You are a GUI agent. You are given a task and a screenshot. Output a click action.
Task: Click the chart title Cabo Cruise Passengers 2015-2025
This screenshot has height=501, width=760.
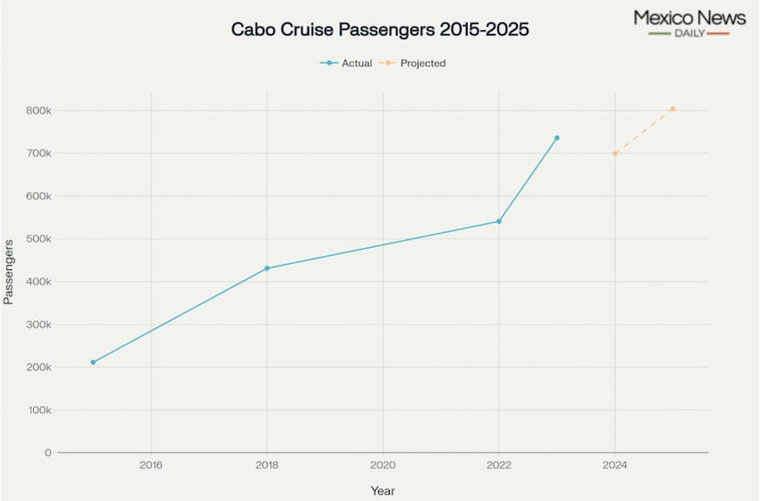click(x=380, y=30)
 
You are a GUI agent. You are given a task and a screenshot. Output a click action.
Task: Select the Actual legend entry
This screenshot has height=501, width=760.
click(x=347, y=64)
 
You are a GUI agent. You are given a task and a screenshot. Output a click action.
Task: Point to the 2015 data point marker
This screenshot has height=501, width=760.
click(x=93, y=362)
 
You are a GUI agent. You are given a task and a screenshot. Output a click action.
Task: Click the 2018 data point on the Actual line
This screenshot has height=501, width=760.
click(x=266, y=268)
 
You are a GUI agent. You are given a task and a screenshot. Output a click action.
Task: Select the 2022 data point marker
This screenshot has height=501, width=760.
click(x=499, y=221)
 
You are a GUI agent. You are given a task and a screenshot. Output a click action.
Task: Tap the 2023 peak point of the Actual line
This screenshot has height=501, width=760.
click(x=556, y=138)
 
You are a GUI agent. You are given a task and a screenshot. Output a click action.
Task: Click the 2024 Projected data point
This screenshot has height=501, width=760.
click(x=615, y=154)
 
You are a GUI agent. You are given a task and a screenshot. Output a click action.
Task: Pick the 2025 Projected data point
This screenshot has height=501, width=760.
click(x=672, y=109)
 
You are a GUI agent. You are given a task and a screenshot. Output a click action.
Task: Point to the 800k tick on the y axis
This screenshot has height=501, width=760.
click(x=38, y=111)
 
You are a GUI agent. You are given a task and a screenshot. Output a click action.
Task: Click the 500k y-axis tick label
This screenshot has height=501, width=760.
click(x=38, y=239)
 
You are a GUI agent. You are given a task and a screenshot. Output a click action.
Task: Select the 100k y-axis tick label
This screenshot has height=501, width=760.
click(x=38, y=411)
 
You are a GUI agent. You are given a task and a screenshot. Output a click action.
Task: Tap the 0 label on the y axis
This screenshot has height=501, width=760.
click(x=48, y=453)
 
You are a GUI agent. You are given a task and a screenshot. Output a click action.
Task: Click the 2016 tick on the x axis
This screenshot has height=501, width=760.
click(x=151, y=465)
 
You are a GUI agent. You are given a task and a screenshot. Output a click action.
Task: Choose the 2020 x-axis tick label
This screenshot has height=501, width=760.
click(x=383, y=465)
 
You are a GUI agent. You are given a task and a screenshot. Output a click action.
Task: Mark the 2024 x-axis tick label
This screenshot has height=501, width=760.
click(x=614, y=465)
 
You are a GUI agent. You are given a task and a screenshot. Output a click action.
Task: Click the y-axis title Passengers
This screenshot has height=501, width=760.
click(x=9, y=271)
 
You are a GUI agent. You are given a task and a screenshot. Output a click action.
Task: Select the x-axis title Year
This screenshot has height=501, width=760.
click(x=383, y=491)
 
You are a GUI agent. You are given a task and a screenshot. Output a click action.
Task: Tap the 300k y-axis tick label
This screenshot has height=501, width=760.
click(x=38, y=325)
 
